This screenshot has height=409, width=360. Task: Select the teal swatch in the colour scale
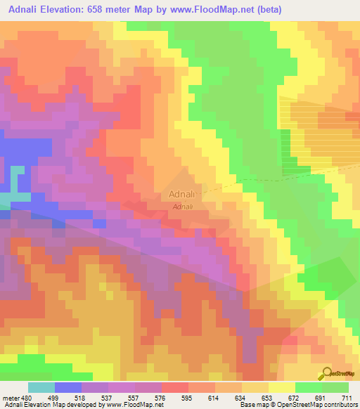pyautogui.click(x=41, y=387)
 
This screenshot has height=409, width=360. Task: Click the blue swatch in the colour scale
pyautogui.click(x=68, y=387)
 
